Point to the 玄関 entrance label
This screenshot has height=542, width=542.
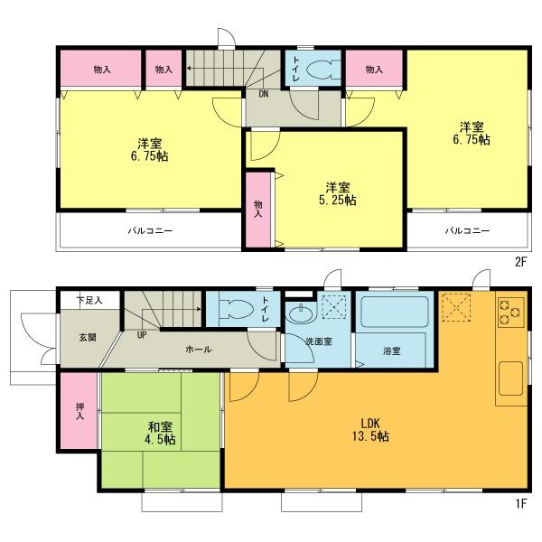click(x=86, y=337)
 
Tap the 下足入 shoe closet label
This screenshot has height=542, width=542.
click(x=89, y=299)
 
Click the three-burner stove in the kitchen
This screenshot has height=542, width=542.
click(x=509, y=313)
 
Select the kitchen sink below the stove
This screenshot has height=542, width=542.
click(x=509, y=379)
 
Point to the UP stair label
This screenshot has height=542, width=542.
click(x=141, y=335)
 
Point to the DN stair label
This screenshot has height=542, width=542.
click(x=263, y=93)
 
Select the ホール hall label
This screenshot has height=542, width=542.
click(x=199, y=348)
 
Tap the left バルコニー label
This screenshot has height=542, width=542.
click(x=148, y=230)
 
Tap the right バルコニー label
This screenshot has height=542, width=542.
click(x=466, y=230)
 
